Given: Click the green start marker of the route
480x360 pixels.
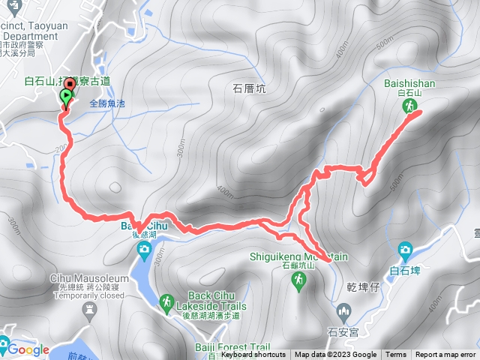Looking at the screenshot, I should (x=65, y=97).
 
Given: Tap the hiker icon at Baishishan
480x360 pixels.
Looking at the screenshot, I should (x=410, y=107).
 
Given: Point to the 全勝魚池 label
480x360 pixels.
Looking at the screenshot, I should (x=109, y=102).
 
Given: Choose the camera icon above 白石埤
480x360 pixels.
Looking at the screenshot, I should (x=405, y=250).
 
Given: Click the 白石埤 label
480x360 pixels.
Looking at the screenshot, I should (x=405, y=270).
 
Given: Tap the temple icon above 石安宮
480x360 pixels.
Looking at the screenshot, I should (x=344, y=310).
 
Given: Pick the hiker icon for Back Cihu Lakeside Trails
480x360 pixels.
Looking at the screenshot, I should (x=166, y=302).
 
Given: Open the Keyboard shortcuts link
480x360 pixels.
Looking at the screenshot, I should (x=253, y=355).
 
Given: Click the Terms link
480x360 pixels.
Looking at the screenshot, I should (x=395, y=355).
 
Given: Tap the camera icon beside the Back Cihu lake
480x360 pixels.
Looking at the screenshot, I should (x=144, y=250).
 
